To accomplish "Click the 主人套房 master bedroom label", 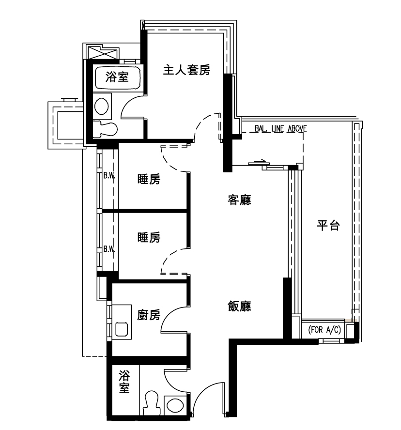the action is [186, 70].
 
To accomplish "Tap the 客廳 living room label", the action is [239, 200].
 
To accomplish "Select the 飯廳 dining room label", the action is [239, 306].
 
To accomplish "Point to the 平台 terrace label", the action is [328, 226].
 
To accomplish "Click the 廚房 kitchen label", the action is [149, 315].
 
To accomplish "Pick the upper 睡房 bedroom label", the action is [149, 179].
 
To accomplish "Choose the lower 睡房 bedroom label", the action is [149, 237].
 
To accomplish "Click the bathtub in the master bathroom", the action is [118, 77].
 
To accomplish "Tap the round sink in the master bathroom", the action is [101, 106].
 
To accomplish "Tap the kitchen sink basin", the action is [122, 329].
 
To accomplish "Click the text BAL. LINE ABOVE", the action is [280, 128].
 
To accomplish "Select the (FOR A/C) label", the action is [324, 329].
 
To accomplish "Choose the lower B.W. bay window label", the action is [109, 249].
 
